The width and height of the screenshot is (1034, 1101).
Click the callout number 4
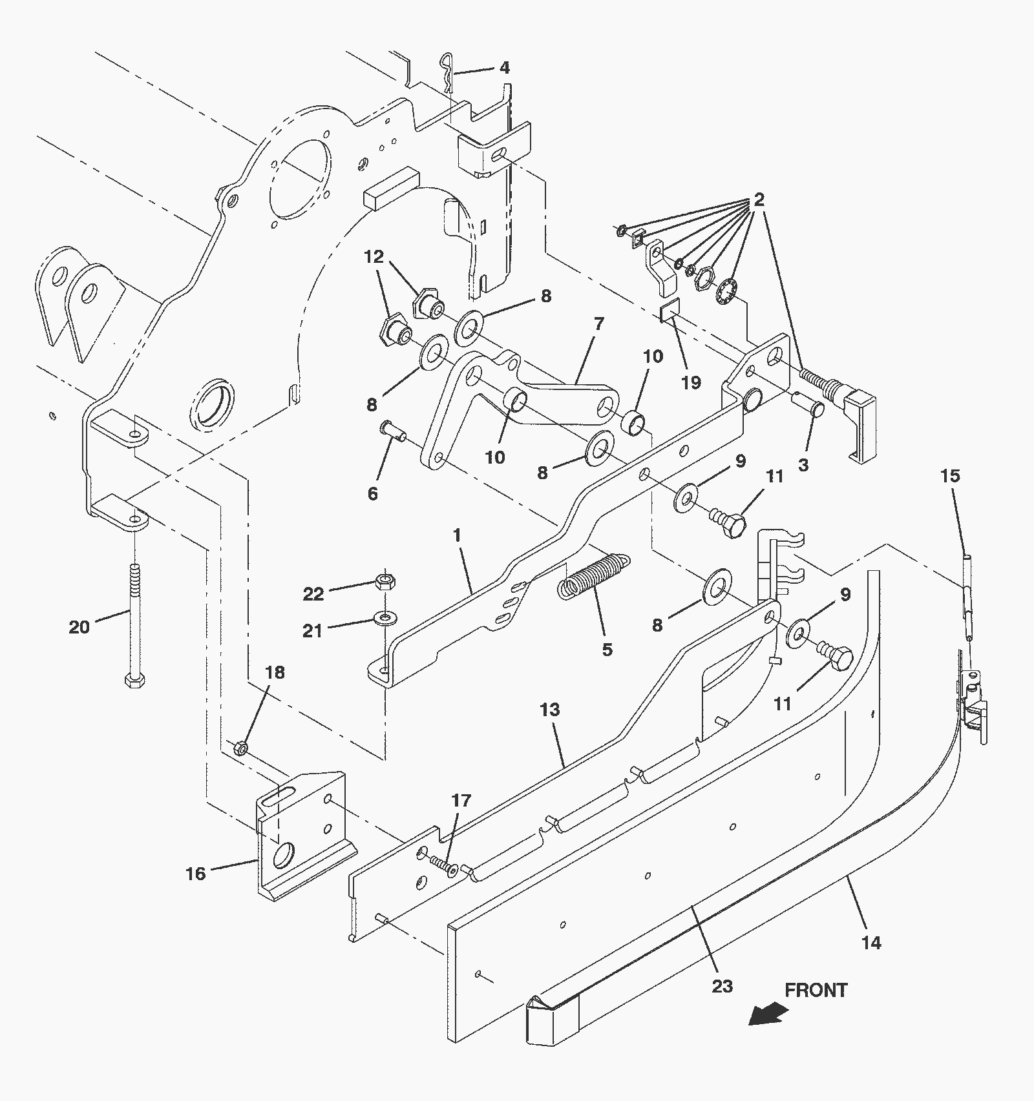[505, 68]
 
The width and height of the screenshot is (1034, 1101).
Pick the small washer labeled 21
[385, 620]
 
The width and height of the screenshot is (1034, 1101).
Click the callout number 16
[195, 874]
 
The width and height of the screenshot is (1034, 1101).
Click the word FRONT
[816, 990]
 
